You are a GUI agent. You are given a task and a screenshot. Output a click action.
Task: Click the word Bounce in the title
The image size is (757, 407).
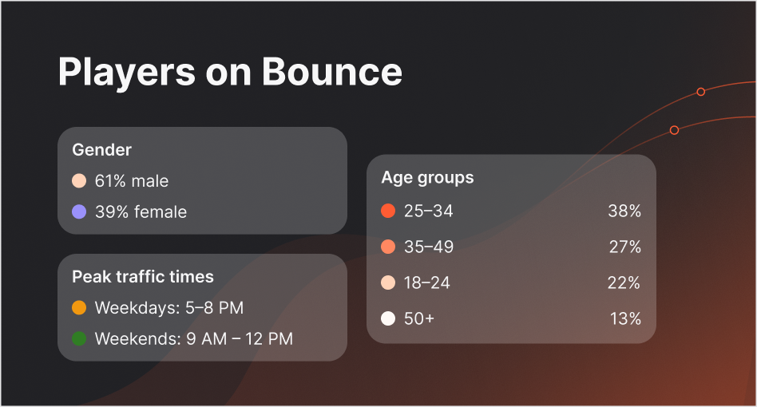click(331, 72)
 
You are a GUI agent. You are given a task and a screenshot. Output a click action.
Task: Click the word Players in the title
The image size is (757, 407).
click(126, 72)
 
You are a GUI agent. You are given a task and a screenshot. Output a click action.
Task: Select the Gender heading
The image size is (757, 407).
click(101, 149)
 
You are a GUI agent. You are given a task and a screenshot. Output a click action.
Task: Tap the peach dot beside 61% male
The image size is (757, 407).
click(78, 181)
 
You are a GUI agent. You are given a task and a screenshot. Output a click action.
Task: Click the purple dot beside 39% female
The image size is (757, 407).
click(78, 212)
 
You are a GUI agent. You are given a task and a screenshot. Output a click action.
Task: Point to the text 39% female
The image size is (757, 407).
click(141, 212)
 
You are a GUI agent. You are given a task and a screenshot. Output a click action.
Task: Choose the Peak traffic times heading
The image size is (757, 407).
click(143, 277)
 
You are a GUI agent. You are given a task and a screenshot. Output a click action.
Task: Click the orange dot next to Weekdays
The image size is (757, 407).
click(78, 307)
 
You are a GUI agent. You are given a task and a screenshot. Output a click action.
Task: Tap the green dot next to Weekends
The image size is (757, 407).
click(78, 339)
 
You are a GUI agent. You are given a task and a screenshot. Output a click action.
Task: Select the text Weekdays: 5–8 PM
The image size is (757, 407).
click(168, 307)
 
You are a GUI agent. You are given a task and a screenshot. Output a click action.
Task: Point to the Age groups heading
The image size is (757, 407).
click(427, 177)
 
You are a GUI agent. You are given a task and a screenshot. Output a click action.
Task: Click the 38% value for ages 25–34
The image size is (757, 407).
click(624, 211)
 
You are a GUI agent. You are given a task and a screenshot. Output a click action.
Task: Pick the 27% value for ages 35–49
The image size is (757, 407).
click(625, 247)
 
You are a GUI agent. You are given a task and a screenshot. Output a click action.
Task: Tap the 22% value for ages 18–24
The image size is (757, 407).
click(624, 283)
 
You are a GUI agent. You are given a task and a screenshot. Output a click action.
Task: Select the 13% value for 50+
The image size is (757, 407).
click(625, 319)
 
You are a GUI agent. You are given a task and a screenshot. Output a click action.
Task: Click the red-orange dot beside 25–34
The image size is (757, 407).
click(389, 211)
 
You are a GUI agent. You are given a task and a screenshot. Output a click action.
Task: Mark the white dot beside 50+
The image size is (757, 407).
click(389, 319)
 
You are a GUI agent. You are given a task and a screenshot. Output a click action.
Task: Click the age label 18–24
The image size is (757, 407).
click(427, 283)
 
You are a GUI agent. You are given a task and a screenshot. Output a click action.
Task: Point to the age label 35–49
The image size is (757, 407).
click(429, 247)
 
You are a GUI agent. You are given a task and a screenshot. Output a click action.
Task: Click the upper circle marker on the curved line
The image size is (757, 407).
click(700, 92)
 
